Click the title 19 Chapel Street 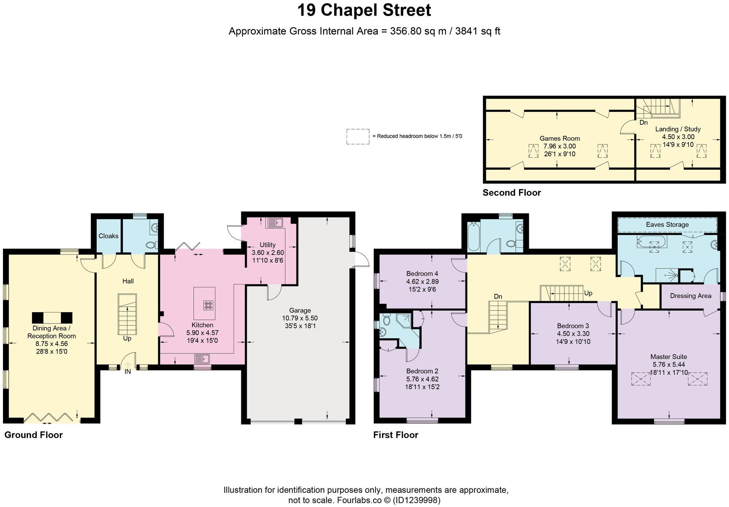click(364, 11)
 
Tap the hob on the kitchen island click(208, 305)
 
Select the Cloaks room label click(109, 236)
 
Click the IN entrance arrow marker click(128, 365)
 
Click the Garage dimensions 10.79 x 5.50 click(300, 318)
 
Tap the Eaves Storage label click(667, 225)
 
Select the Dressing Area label click(690, 296)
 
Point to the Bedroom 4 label click(422, 274)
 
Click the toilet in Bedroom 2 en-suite click(386, 320)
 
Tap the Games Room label click(560, 138)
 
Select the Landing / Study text click(678, 129)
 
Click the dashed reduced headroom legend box click(358, 137)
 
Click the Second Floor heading click(511, 193)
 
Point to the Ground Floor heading click(34, 435)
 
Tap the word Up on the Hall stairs click(127, 338)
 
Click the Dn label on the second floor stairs click(643, 123)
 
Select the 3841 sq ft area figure click(477, 31)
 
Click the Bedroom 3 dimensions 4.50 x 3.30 click(573, 334)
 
